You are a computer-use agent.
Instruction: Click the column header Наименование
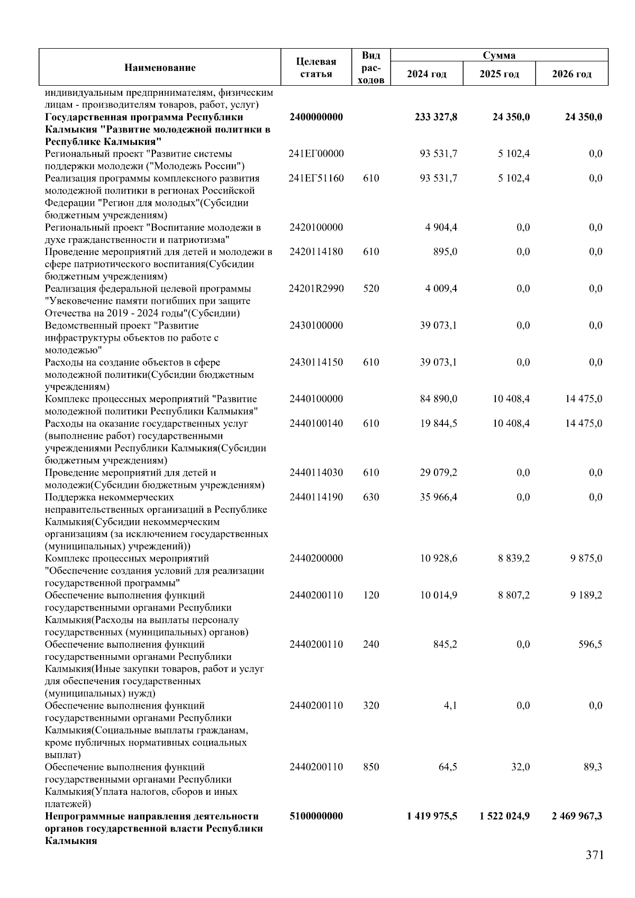click(160, 67)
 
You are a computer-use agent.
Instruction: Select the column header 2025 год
click(499, 74)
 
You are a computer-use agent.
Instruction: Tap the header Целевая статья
click(316, 67)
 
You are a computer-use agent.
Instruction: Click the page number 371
click(594, 855)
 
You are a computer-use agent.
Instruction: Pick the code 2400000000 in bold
click(316, 117)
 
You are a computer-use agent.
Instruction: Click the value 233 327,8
click(436, 117)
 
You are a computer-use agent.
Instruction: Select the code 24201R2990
click(316, 288)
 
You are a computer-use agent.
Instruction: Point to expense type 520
click(371, 288)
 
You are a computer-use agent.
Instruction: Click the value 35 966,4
click(438, 497)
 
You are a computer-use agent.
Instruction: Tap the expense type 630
click(371, 497)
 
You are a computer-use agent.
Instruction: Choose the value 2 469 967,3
click(576, 816)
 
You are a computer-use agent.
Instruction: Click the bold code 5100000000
click(316, 816)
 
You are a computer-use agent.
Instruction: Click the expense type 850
click(371, 767)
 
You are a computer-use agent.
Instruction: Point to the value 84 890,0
click(438, 398)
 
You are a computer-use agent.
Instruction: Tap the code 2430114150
click(316, 362)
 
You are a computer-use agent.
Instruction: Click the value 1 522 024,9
click(504, 816)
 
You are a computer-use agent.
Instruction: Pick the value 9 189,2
click(586, 595)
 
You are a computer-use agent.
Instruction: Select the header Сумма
click(499, 55)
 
